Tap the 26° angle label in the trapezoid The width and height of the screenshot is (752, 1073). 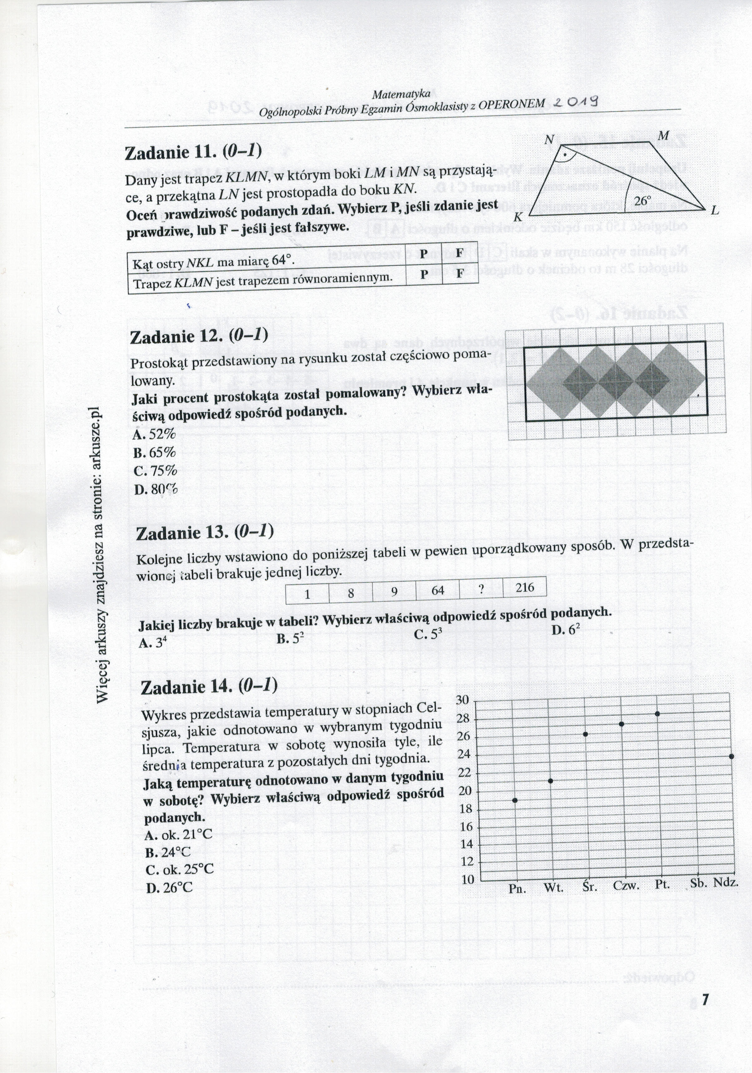[x=643, y=200]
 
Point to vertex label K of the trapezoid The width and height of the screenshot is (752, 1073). [x=518, y=217]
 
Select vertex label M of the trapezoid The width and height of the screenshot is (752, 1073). [x=663, y=136]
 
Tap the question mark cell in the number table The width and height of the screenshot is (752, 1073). [x=481, y=589]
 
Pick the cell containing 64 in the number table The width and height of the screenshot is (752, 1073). [x=438, y=590]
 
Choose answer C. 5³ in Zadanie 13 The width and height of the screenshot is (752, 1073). [x=428, y=635]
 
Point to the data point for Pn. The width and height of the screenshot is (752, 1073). [x=515, y=800]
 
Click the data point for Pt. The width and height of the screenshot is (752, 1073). [x=657, y=714]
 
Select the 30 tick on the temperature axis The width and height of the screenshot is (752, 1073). [x=462, y=700]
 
